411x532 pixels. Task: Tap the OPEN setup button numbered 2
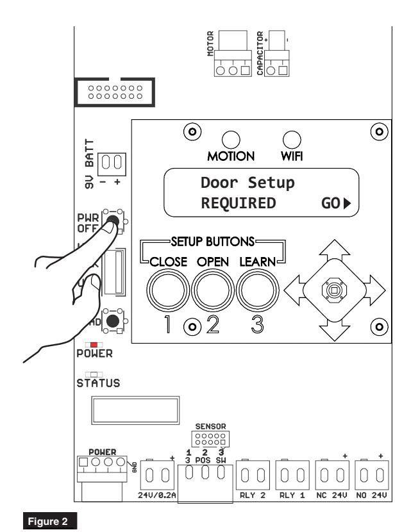coord(213,290)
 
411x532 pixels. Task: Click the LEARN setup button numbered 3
coord(258,290)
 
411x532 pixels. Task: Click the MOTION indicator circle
coord(231,140)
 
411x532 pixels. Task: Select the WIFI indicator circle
coord(292,140)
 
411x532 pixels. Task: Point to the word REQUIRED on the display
coord(239,203)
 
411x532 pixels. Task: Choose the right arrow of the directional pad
coord(376,290)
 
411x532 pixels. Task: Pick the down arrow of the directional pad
coord(335,331)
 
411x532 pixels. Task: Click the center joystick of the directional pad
coord(334,290)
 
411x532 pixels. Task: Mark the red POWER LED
coord(94,345)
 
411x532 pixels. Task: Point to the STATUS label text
coord(98,383)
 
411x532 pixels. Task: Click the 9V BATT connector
coord(112,164)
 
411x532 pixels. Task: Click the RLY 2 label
coord(253,495)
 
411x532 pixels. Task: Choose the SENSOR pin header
coord(210,439)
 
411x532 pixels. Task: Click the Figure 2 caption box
coord(50,521)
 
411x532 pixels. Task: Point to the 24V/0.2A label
coord(157,495)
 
